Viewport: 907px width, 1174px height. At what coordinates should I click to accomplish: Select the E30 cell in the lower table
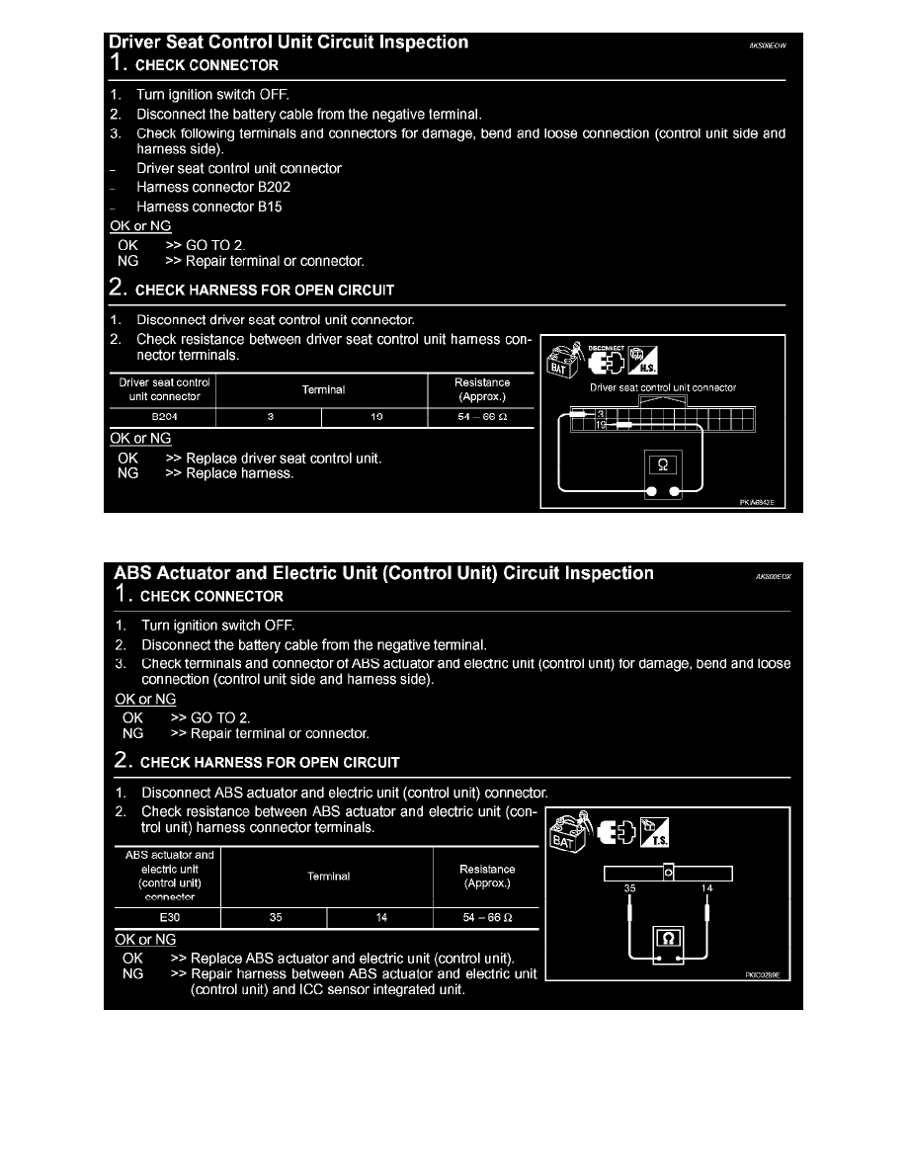pyautogui.click(x=168, y=918)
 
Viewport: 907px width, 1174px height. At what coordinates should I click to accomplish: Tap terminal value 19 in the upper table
pyautogui.click(x=376, y=417)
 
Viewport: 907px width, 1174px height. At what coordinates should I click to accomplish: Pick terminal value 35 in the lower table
pyautogui.click(x=275, y=918)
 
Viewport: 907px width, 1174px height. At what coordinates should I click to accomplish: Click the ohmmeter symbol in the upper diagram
pyautogui.click(x=662, y=465)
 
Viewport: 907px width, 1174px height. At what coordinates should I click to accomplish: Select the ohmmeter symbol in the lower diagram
pyautogui.click(x=667, y=937)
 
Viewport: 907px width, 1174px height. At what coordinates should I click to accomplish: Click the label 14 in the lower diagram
pyautogui.click(x=706, y=888)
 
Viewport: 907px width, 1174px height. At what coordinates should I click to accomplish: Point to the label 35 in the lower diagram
pyautogui.click(x=629, y=888)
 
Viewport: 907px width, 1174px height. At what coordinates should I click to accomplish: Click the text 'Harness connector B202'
pyautogui.click(x=213, y=187)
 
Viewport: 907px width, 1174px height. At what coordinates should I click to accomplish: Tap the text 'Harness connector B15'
pyautogui.click(x=209, y=207)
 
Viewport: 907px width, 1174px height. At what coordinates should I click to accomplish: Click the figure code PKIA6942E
pyautogui.click(x=758, y=502)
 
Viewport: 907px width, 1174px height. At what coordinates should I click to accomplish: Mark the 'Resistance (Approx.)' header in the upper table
pyautogui.click(x=482, y=389)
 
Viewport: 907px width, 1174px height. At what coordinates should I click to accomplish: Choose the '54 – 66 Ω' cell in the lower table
pyautogui.click(x=486, y=918)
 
